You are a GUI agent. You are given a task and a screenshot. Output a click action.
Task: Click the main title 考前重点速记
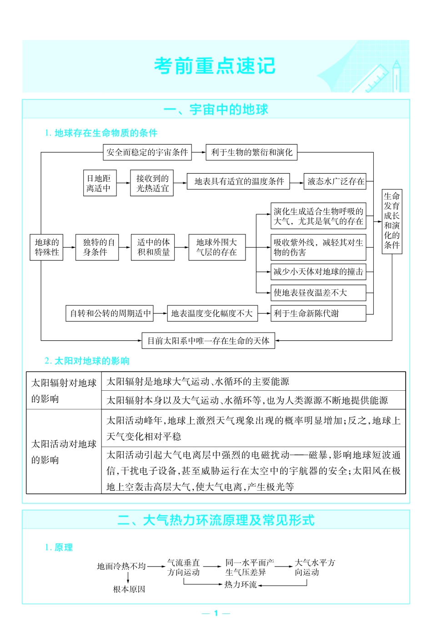[215, 66]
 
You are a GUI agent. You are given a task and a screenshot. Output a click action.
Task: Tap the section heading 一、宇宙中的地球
[216, 109]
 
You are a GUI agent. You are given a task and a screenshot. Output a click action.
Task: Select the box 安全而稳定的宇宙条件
[147, 152]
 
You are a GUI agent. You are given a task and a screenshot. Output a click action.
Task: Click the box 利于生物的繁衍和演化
[251, 152]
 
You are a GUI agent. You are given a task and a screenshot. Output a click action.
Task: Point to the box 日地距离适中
[100, 183]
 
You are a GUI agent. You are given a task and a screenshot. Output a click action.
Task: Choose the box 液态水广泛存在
[336, 181]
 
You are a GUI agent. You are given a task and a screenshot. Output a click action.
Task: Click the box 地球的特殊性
[47, 247]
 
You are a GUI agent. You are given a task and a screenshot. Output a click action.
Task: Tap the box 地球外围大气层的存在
[217, 247]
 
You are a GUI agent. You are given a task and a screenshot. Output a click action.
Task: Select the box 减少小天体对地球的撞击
[318, 272]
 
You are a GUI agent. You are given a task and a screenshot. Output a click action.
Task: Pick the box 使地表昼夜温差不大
[318, 293]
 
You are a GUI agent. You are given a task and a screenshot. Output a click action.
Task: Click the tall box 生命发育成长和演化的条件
[392, 221]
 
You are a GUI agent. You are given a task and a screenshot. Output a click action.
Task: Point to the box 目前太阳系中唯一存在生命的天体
[208, 341]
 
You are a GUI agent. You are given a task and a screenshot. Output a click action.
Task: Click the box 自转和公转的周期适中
[110, 313]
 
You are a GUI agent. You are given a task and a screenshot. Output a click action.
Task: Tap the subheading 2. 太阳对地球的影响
[87, 361]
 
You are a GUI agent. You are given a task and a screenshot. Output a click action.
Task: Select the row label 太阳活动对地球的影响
[64, 452]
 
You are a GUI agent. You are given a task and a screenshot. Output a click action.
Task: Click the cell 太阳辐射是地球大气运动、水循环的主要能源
[198, 382]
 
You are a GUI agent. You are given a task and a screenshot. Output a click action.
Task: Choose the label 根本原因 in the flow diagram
[129, 589]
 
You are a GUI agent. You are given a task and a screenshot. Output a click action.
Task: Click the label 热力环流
[241, 584]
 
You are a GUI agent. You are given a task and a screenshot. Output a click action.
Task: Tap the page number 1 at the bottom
[216, 613]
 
